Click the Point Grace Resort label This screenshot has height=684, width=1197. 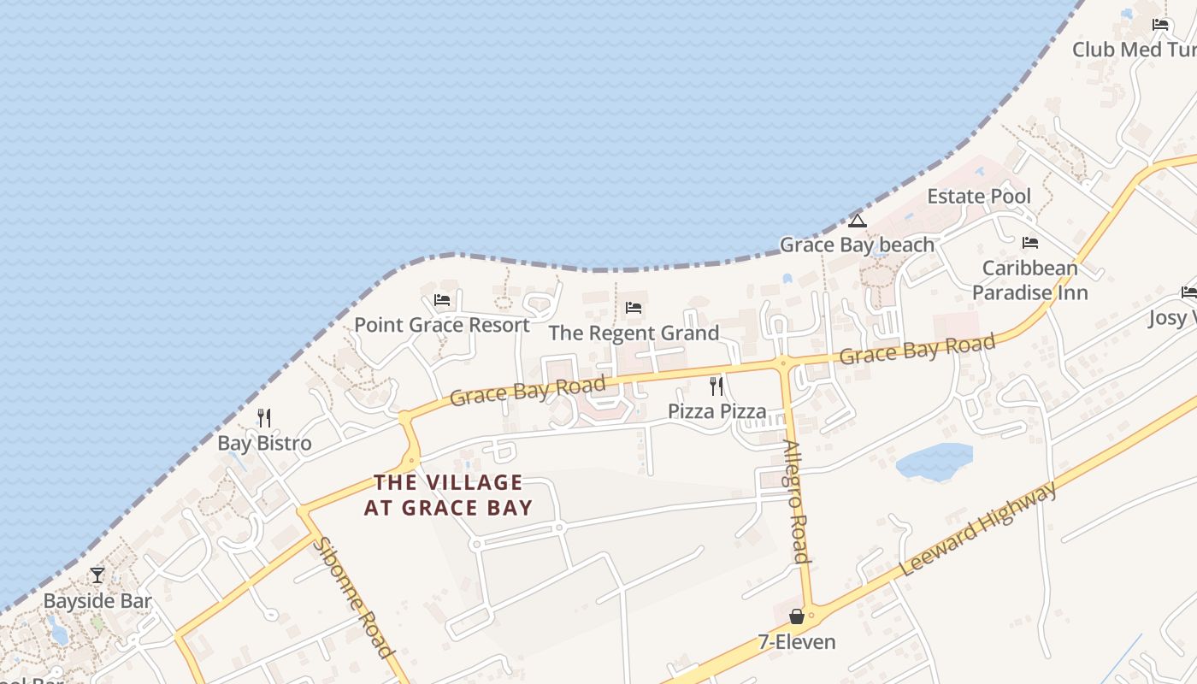pyautogui.click(x=442, y=325)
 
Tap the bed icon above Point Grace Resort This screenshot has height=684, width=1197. pyautogui.click(x=442, y=300)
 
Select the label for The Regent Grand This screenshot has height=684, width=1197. pyautogui.click(x=634, y=333)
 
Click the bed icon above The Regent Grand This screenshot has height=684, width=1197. pyautogui.click(x=634, y=308)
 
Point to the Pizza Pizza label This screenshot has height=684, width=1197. pyautogui.click(x=716, y=411)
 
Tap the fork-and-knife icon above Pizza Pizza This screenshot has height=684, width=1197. pyautogui.click(x=716, y=386)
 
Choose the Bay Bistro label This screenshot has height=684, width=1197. pyautogui.click(x=264, y=443)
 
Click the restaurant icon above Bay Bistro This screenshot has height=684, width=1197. pyautogui.click(x=264, y=418)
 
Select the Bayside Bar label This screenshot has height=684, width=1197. pyautogui.click(x=97, y=601)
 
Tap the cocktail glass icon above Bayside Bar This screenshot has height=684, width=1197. pyautogui.click(x=97, y=575)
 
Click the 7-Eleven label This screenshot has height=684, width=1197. pyautogui.click(x=797, y=641)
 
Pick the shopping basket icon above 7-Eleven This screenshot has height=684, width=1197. pyautogui.click(x=797, y=616)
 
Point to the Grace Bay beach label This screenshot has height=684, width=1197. pyautogui.click(x=857, y=245)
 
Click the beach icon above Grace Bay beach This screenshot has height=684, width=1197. pyautogui.click(x=858, y=221)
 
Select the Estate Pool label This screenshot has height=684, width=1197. pyautogui.click(x=979, y=196)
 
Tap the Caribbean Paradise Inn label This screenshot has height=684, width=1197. pyautogui.click(x=1029, y=280)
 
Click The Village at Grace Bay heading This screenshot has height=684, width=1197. pyautogui.click(x=448, y=495)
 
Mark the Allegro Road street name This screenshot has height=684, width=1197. pyautogui.click(x=796, y=502)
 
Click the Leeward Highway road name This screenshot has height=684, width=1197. pyautogui.click(x=979, y=529)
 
